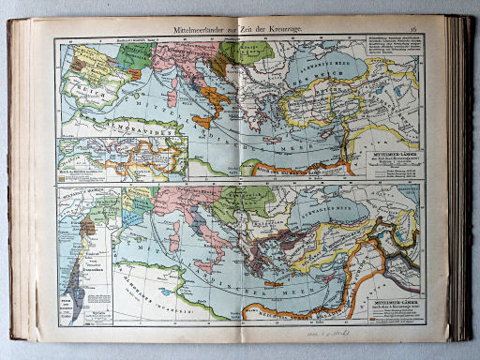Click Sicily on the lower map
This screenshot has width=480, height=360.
pyautogui.click(x=207, y=265)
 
